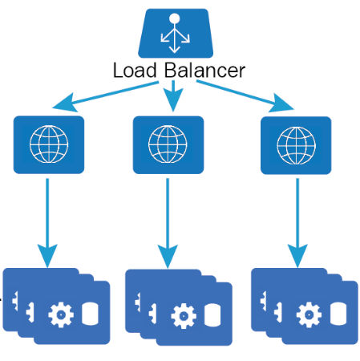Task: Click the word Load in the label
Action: point(135,71)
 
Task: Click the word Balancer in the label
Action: point(204,71)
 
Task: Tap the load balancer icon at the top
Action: point(176,33)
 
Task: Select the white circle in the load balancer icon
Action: point(175,18)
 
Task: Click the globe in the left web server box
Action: point(49,144)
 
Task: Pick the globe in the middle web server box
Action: point(168,144)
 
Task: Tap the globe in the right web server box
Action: point(296,145)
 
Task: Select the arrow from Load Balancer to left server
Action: point(106,95)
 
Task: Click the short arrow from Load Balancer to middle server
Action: point(173,95)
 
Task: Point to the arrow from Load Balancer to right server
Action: point(245,96)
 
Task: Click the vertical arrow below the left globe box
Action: point(47,223)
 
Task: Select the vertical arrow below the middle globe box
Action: point(168,223)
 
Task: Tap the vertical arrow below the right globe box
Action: point(297,223)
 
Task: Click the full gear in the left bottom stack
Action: point(61,314)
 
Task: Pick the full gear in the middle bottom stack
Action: point(184,316)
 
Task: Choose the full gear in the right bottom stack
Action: point(309,314)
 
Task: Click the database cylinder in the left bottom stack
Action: point(90,314)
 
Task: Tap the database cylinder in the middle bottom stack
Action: point(212,315)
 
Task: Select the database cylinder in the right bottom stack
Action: point(338,314)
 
